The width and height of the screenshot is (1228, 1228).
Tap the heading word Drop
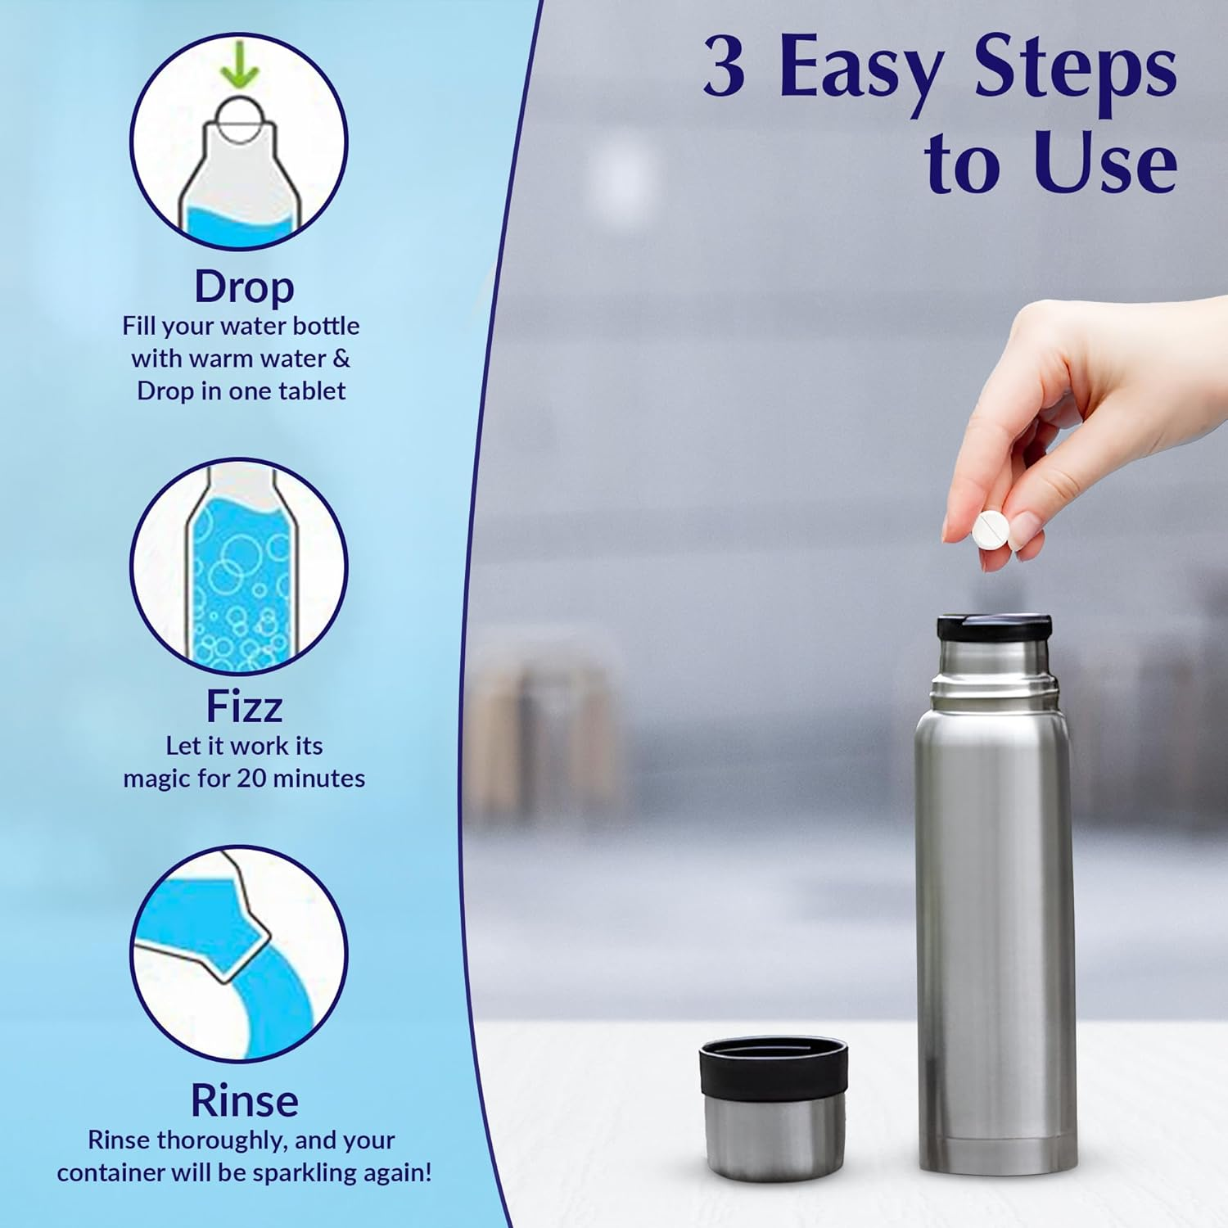point(244,287)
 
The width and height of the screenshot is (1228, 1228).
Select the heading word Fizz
point(244,706)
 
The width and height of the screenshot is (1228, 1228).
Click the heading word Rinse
point(244,1100)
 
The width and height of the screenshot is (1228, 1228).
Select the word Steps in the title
point(1075,69)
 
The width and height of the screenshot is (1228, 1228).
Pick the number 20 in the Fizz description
point(251,778)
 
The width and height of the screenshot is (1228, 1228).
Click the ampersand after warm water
point(341,359)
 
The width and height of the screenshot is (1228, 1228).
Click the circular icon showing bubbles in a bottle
point(239,567)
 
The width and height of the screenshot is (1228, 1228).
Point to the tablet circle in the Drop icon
point(239,120)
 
